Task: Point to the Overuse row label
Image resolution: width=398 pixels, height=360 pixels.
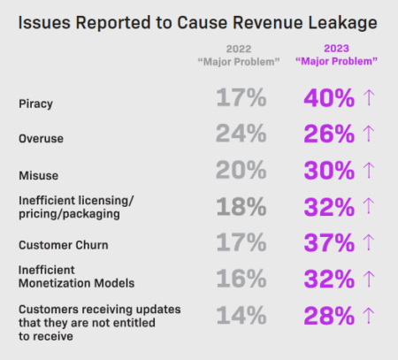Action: click(41, 138)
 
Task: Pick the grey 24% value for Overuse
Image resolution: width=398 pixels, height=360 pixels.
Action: click(240, 136)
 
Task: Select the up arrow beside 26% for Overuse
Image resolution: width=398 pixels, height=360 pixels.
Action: click(369, 136)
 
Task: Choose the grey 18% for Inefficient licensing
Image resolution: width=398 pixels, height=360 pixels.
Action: click(240, 208)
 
